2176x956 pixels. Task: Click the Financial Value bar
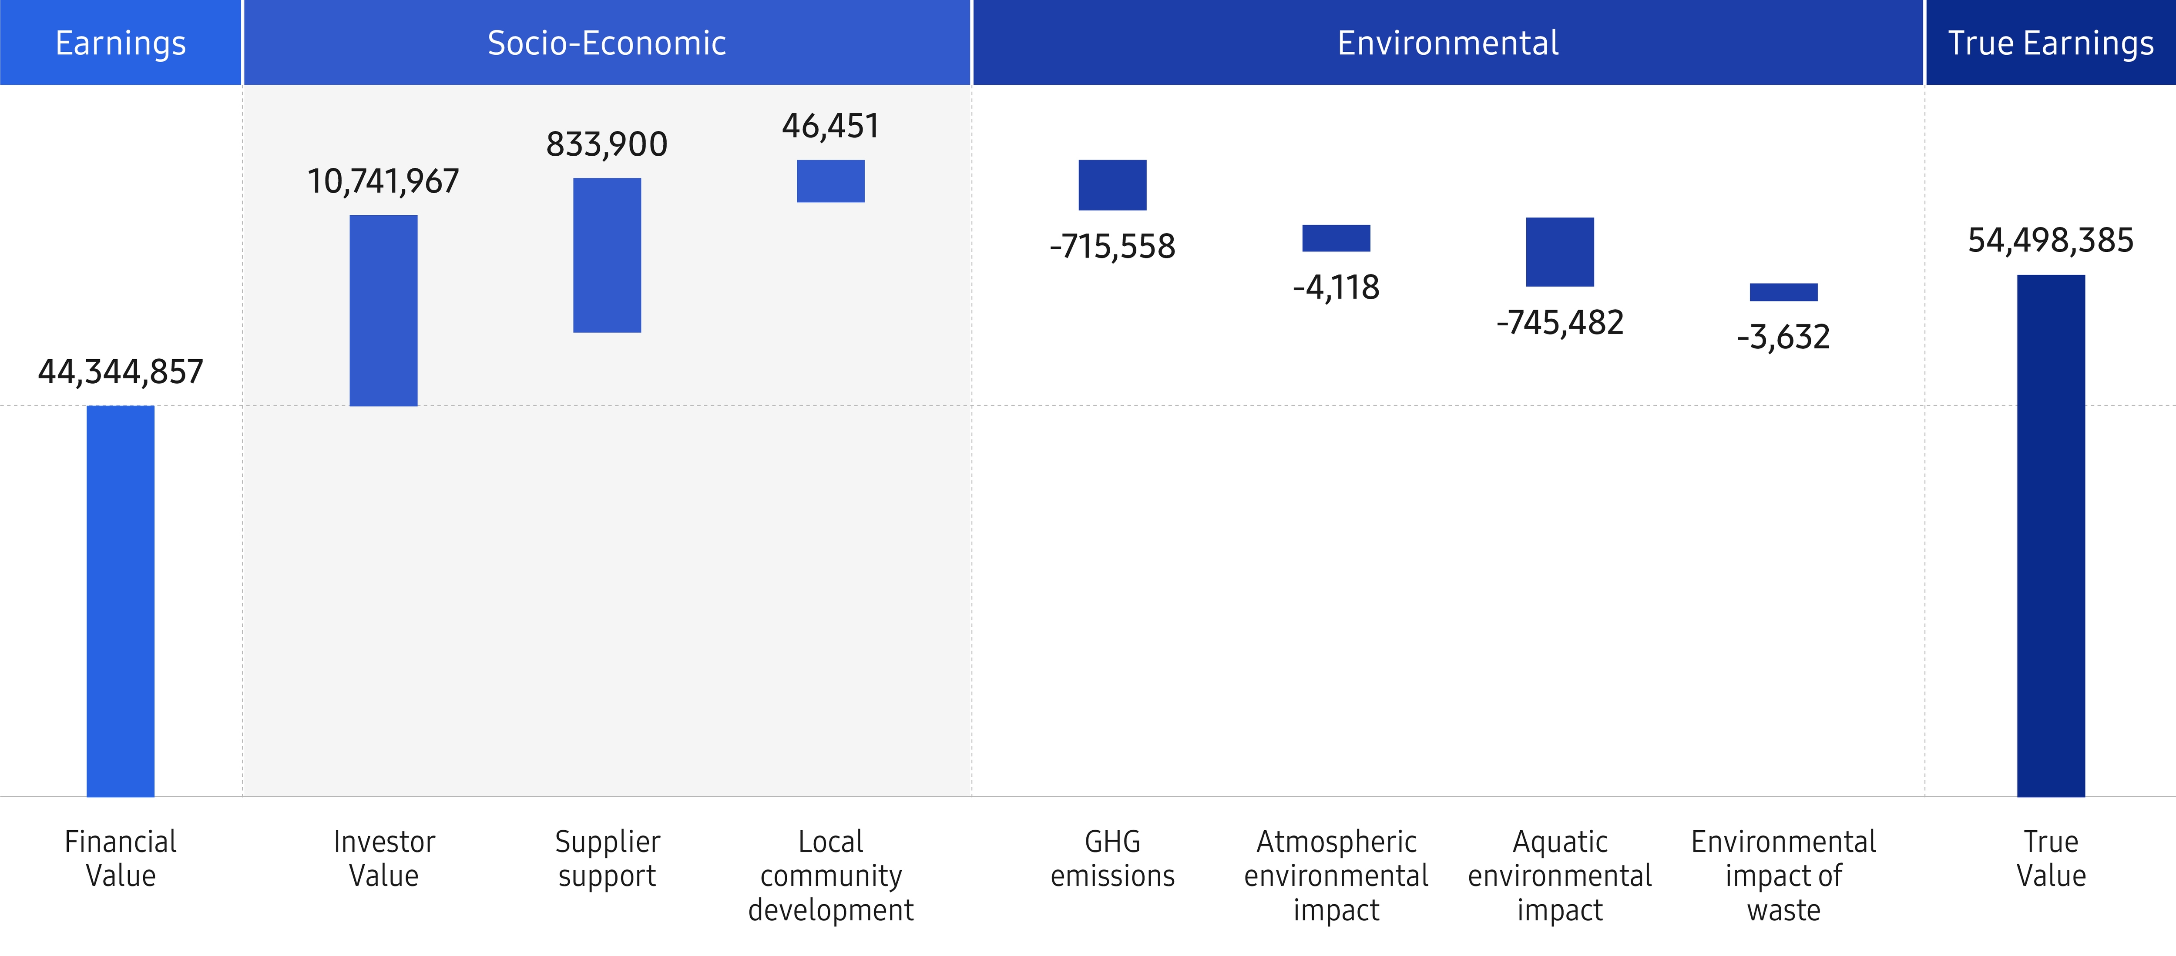tap(121, 601)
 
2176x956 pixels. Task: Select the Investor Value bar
tap(383, 311)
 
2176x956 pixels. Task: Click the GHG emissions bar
tap(1112, 185)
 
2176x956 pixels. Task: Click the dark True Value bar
tap(2051, 535)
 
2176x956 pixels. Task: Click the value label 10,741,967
tap(383, 181)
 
